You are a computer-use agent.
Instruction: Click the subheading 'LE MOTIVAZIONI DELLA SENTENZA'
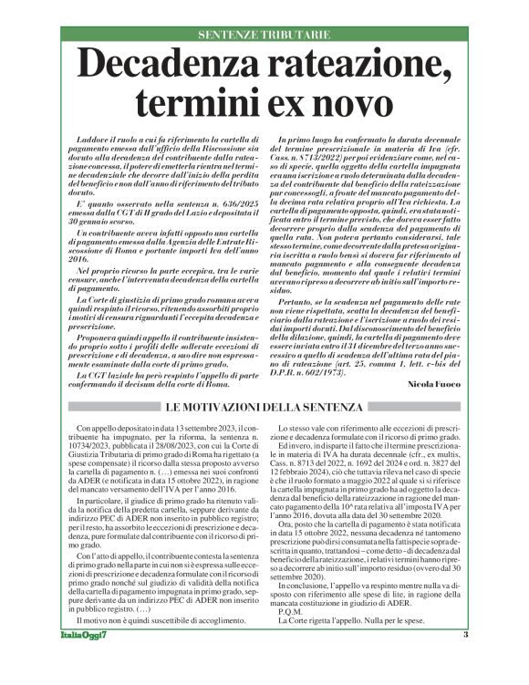(264, 404)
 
